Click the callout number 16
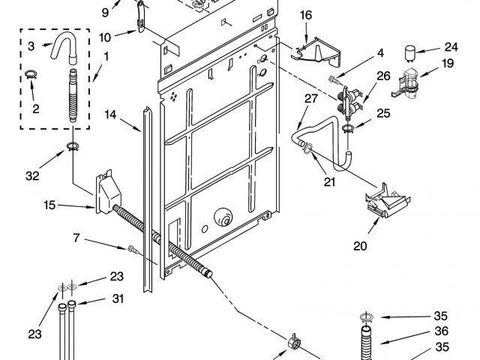pos(306,15)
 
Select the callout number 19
pos(448,64)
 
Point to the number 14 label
pos(111,115)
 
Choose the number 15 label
pos(49,204)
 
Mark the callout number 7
pos(76,240)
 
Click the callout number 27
pos(311,98)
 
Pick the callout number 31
pos(117,298)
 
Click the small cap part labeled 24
pos(410,52)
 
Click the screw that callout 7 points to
pos(132,248)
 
